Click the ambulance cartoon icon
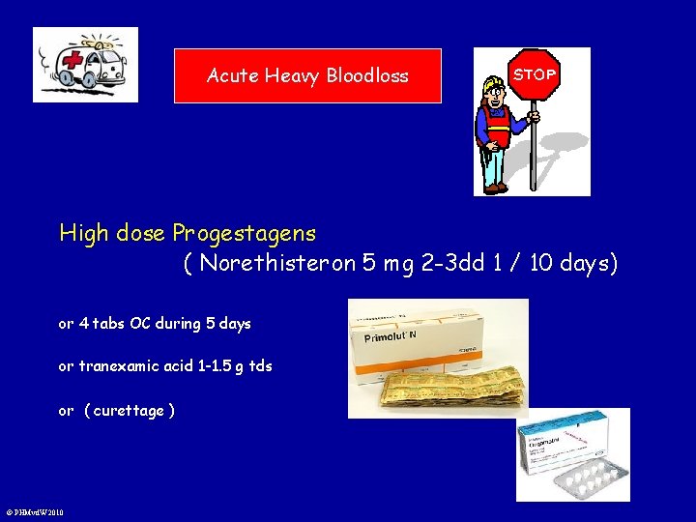coord(85,65)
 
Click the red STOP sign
coord(535,74)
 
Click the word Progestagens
coord(244,233)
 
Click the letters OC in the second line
coord(140,324)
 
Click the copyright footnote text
coord(35,512)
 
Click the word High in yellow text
coord(83,233)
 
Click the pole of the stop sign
coord(533,145)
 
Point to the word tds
coord(261,366)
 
